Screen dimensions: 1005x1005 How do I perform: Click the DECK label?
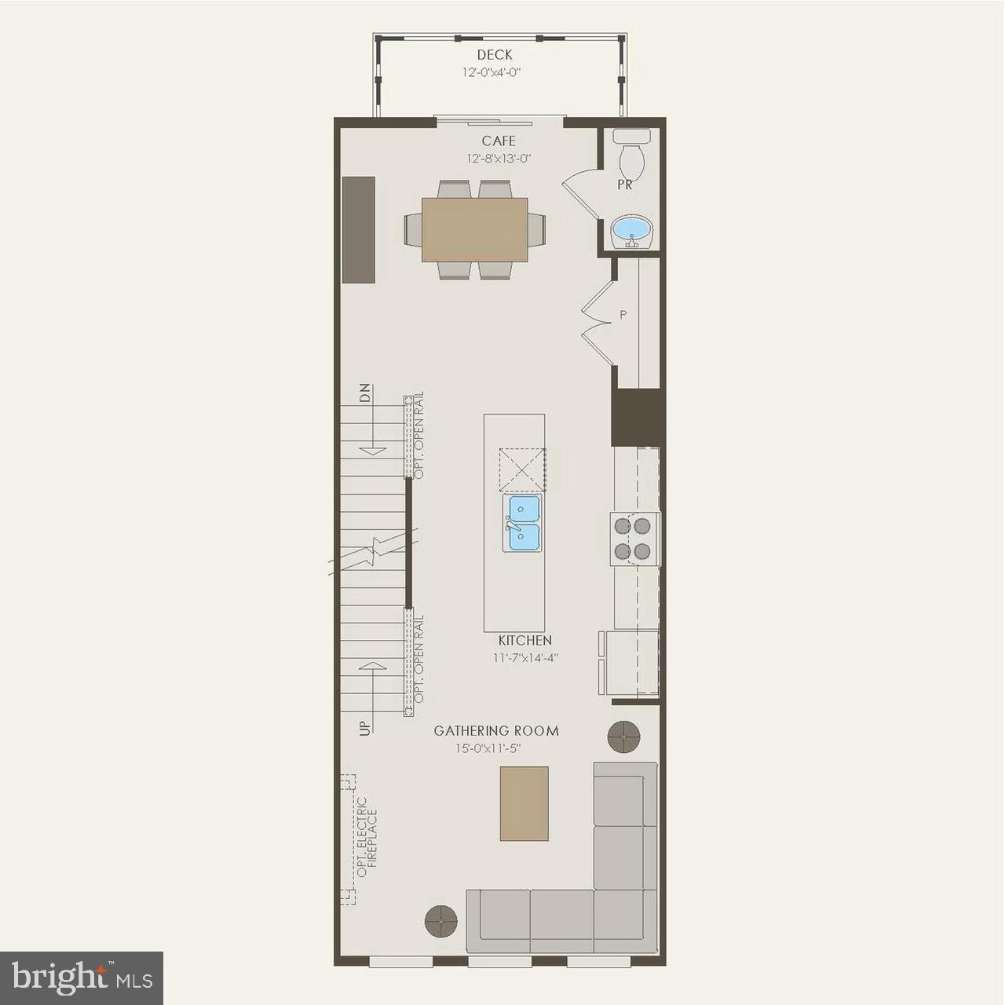tap(495, 55)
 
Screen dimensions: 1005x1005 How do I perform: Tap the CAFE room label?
tap(499, 141)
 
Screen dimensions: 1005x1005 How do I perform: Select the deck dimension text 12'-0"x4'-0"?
tap(492, 72)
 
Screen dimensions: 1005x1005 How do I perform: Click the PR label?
tap(625, 186)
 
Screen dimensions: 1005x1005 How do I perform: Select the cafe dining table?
tap(475, 229)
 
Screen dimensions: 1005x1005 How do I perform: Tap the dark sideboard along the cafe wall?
tap(358, 229)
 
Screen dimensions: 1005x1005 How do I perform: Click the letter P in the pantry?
tap(623, 316)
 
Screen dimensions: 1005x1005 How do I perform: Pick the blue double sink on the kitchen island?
tap(521, 524)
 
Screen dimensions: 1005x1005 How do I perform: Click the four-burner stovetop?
tap(635, 538)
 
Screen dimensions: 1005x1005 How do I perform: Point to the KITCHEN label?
tap(524, 641)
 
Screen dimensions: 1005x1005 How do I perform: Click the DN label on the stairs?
tap(364, 393)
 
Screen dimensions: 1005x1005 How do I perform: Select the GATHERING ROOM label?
tap(496, 731)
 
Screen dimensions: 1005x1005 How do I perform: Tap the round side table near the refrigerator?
tap(624, 736)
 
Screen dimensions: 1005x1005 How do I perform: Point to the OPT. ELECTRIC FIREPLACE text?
tap(367, 838)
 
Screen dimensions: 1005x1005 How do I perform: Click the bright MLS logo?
tap(82, 977)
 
